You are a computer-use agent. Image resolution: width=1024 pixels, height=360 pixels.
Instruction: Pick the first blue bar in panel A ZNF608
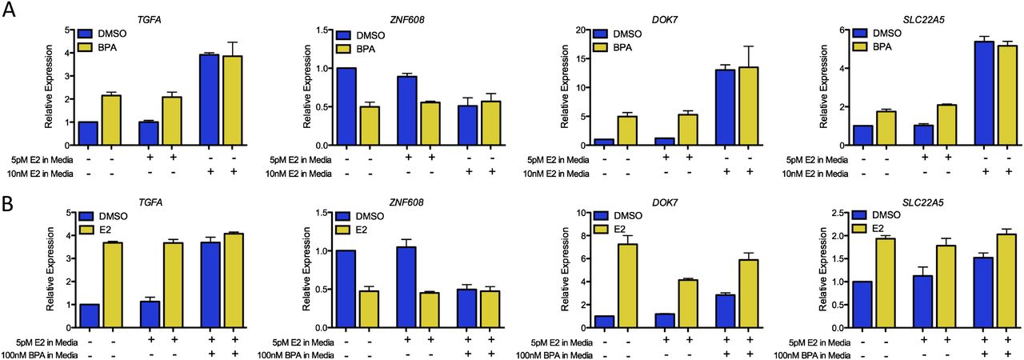[346, 106]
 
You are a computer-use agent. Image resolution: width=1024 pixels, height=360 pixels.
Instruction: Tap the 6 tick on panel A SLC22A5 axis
[844, 30]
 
